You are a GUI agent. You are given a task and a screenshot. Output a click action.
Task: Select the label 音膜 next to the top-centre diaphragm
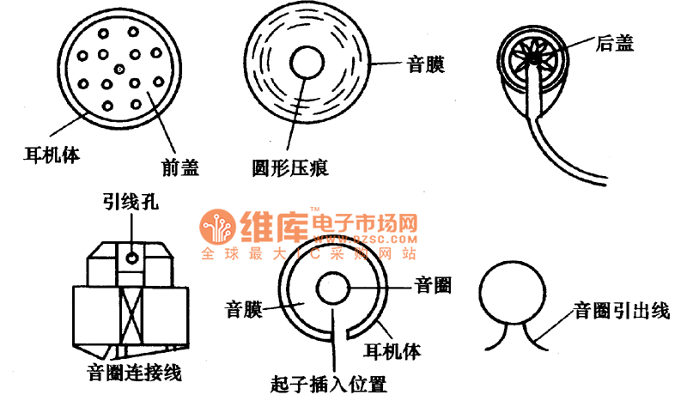click(x=423, y=64)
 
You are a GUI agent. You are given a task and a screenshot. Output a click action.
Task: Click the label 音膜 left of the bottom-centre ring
click(x=244, y=307)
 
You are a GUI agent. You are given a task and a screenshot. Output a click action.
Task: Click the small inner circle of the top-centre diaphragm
click(x=308, y=64)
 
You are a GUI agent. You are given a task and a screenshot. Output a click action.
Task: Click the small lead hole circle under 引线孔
click(x=131, y=256)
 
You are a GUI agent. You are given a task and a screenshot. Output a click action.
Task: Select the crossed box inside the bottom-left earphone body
click(x=131, y=316)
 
